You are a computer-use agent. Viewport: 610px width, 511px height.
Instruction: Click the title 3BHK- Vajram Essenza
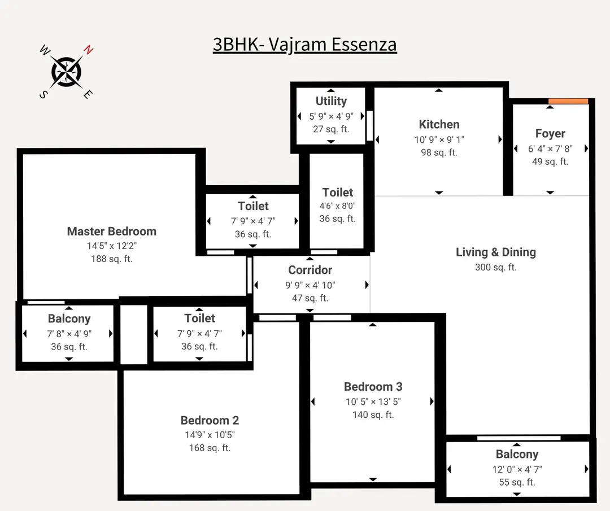304,44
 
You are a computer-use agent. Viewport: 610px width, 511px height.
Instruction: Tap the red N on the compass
88,50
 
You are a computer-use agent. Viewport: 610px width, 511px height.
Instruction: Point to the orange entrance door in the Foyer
568,101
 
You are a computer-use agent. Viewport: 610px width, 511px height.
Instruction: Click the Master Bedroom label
111,231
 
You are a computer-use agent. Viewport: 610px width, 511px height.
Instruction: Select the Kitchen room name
439,124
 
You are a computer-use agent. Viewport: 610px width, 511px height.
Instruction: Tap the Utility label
331,101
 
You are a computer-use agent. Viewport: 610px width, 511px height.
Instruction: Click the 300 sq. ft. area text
495,267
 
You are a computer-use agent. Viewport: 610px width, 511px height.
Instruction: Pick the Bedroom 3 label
373,387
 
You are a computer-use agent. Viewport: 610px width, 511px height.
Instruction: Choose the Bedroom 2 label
210,420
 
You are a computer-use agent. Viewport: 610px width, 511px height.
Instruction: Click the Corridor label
310,270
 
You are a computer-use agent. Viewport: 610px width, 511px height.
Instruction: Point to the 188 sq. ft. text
111,259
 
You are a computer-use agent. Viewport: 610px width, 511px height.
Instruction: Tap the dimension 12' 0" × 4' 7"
516,469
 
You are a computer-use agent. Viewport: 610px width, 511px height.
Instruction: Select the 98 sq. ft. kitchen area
439,152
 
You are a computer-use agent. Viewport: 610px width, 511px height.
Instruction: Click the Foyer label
550,134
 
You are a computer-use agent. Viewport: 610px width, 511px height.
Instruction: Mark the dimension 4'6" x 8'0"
337,206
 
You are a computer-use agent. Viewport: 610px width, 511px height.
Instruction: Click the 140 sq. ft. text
373,415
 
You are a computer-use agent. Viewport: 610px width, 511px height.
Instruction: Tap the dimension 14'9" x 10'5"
210,435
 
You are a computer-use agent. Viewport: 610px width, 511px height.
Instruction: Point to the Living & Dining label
495,252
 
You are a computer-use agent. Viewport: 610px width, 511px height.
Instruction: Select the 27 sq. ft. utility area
331,129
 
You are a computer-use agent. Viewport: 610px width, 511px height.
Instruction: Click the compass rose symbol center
67,72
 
